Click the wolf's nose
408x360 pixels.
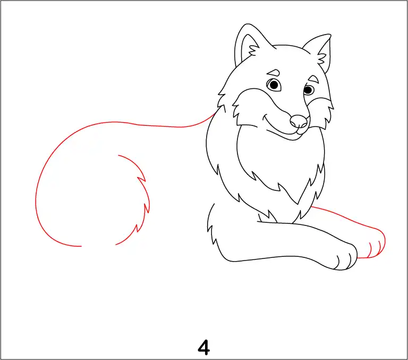299,121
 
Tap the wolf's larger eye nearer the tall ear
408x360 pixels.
274,85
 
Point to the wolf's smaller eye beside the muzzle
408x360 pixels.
308,90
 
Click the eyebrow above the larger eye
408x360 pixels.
274,72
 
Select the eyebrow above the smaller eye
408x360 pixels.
313,78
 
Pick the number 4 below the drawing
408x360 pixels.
204,347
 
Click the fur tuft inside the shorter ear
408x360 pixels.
321,58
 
